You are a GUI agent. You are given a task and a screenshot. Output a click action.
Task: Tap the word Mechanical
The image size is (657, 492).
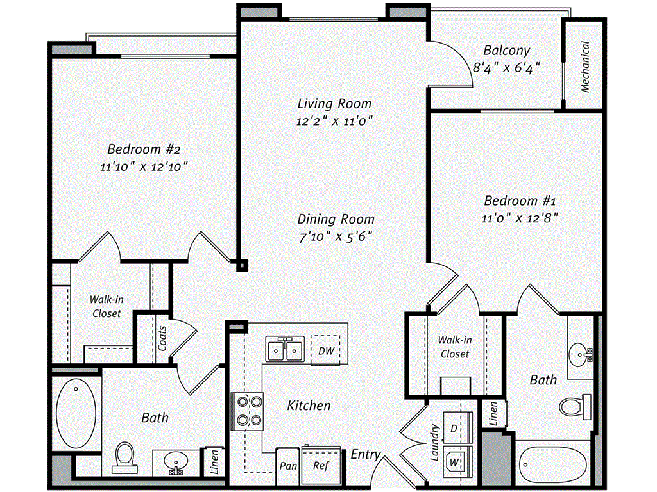tap(584, 67)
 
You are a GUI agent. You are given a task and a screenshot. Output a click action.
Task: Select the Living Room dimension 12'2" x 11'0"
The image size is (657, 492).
tap(335, 120)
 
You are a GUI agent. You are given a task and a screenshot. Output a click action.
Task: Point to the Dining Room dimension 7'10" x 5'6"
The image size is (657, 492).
tap(336, 236)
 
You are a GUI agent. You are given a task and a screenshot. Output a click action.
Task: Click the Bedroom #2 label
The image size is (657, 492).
tap(144, 149)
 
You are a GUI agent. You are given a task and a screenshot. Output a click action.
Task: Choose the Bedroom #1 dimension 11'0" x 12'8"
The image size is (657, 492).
tap(520, 217)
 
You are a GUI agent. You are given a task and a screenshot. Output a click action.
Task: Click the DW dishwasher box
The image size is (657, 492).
tap(325, 350)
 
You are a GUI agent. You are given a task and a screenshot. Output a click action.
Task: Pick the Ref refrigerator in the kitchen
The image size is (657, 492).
tap(321, 465)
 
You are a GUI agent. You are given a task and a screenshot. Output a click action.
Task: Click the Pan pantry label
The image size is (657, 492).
tap(287, 466)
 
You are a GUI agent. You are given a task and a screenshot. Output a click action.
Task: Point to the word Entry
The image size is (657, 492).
tap(366, 454)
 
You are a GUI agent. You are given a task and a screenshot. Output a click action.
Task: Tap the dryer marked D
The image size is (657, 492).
tap(454, 427)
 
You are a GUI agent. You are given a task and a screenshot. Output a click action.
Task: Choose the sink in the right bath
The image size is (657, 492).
tap(581, 352)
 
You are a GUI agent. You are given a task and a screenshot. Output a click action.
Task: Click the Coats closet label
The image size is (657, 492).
tap(162, 338)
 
